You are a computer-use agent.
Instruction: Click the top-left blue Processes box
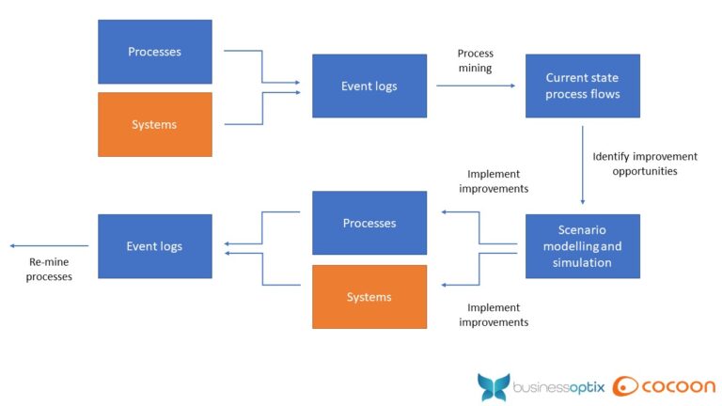coord(155,52)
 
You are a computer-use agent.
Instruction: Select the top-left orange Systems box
coord(155,124)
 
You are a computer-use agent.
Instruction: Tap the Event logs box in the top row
coord(369,86)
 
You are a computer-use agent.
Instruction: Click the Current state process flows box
coord(582,86)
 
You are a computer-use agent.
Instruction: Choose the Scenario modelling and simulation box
coord(582,246)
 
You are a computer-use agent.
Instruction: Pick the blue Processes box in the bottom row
coord(369,224)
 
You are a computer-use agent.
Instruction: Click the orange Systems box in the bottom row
coord(369,297)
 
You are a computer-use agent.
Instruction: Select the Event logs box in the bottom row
coord(155,246)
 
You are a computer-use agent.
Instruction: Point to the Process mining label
coord(475,61)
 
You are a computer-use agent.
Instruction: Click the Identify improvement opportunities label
coord(644,164)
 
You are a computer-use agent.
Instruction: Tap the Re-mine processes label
coord(49,270)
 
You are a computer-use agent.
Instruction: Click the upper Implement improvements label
coord(493,181)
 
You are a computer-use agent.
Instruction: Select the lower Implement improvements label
coord(493,315)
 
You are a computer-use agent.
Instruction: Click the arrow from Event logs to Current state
coord(476,86)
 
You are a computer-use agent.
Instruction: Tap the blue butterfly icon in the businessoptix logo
coord(494,387)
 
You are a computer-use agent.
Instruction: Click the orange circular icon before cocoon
coord(626,386)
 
